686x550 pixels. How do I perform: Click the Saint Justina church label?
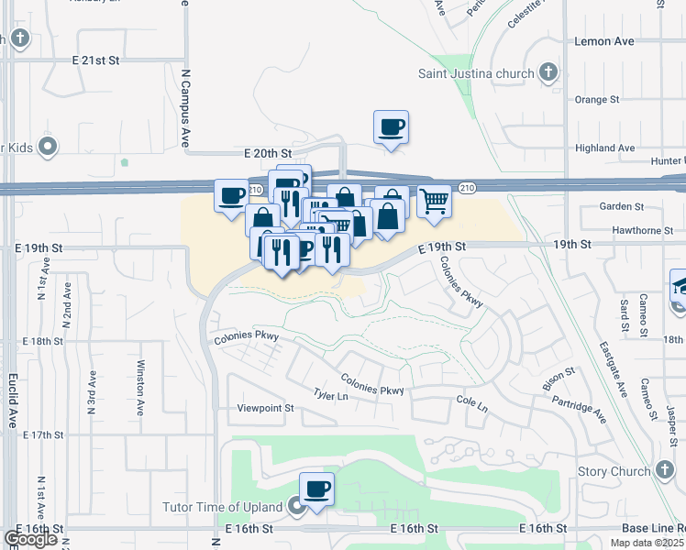[476, 73]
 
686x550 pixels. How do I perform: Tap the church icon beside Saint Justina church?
[548, 72]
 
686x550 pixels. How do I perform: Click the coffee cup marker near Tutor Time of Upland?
[316, 489]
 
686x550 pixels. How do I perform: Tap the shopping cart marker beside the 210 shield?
[434, 200]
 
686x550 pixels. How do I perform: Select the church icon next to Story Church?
[665, 471]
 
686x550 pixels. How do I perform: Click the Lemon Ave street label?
[603, 41]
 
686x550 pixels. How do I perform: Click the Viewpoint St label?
[265, 408]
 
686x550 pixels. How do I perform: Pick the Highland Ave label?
[604, 148]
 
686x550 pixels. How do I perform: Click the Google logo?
[31, 539]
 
